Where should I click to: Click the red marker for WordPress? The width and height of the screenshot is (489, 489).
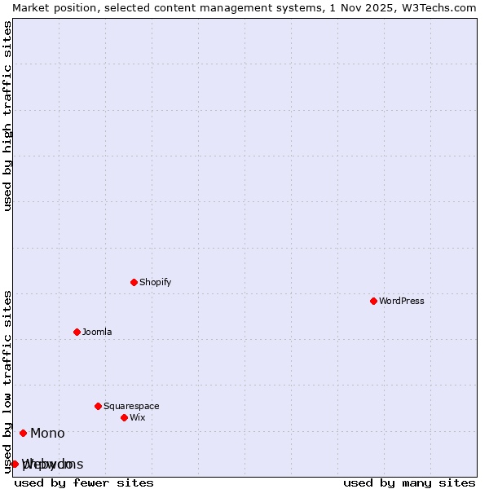point(373,301)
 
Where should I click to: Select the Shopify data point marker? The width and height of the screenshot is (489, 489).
point(134,282)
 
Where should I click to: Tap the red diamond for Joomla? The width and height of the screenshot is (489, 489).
point(77,332)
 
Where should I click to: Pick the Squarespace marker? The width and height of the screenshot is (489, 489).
point(98,406)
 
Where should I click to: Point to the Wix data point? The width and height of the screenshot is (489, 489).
point(124,417)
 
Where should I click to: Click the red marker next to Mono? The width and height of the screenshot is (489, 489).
point(23,433)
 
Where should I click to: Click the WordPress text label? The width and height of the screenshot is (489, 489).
point(402,301)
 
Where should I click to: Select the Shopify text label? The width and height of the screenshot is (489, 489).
point(156,282)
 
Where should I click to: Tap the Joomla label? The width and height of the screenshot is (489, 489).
point(97,332)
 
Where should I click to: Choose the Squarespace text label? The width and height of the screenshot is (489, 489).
point(131,406)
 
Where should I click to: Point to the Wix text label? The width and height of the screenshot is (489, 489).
point(138,417)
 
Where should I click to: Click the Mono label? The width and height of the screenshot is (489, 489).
point(47,433)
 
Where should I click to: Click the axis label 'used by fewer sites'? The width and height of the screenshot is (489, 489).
point(84,482)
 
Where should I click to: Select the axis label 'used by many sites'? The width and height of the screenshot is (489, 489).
point(409,482)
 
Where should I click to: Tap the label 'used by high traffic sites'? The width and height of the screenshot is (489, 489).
point(7,116)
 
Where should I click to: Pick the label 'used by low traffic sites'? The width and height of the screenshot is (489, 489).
point(7,381)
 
